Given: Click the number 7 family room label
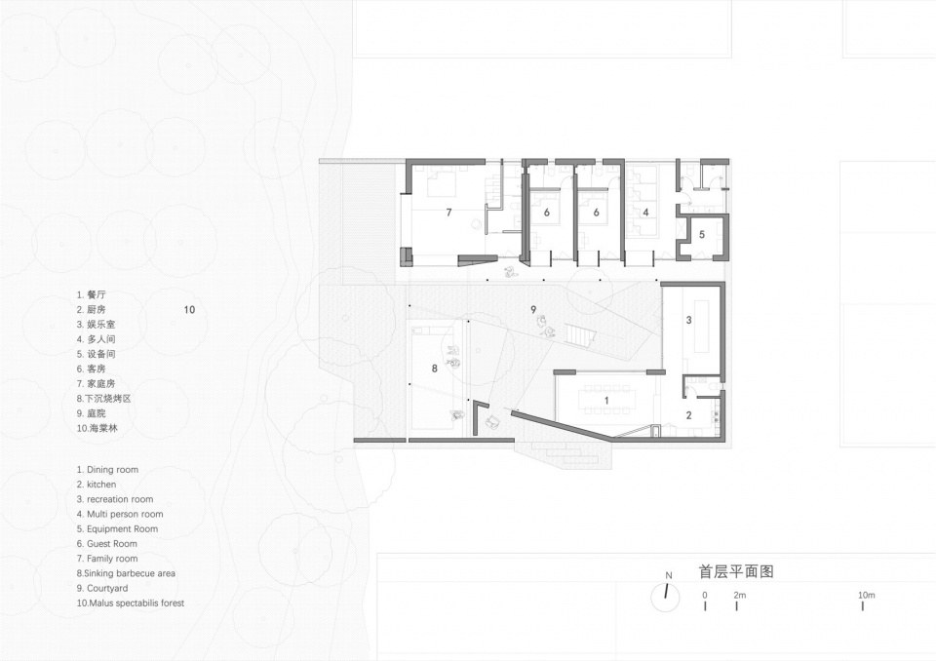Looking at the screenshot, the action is (448, 212).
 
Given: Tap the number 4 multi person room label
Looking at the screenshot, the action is (645, 212).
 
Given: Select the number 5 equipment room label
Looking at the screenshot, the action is (702, 235).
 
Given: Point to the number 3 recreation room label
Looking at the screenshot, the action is (688, 320).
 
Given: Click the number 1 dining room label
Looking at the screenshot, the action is (606, 401).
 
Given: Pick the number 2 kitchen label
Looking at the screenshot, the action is (688, 415).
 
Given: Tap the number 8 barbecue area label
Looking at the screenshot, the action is (435, 369).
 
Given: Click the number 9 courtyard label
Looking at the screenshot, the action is (533, 309).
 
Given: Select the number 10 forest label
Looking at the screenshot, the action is (189, 309).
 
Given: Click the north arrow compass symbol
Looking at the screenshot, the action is (666, 597).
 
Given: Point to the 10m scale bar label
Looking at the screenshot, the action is (867, 595).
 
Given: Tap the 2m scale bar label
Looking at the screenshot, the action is (740, 595).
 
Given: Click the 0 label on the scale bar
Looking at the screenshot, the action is (705, 595).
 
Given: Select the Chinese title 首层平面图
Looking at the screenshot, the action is (737, 571).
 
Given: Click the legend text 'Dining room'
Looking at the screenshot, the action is (112, 469).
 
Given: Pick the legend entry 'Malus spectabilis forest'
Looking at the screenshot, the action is (136, 603).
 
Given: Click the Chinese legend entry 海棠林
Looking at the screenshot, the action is (104, 428).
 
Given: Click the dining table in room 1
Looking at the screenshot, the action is (606, 400).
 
